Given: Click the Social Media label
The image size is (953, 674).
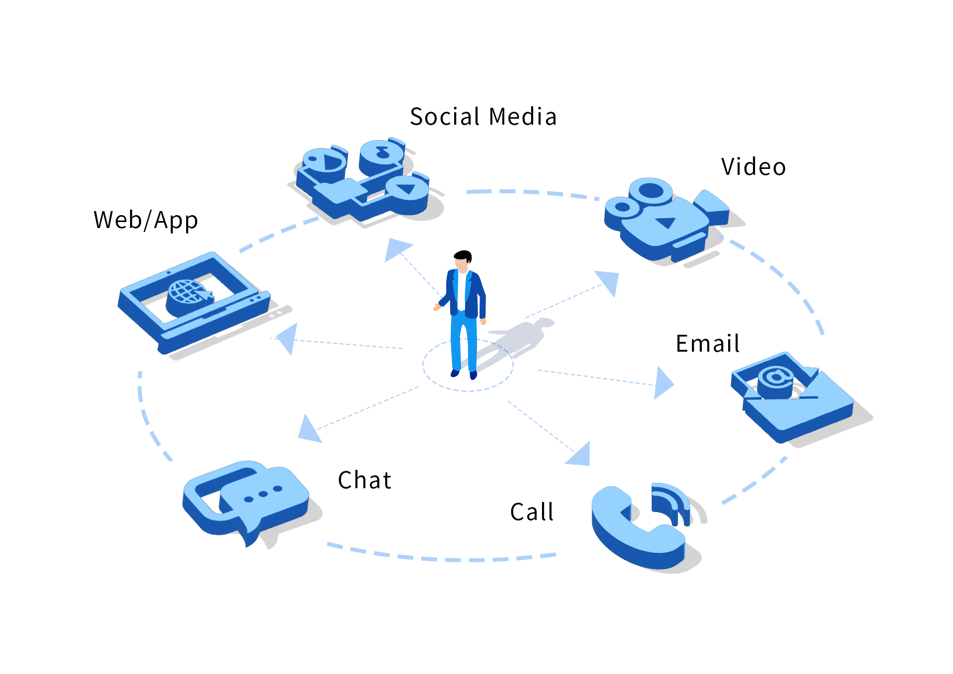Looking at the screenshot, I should click(483, 117).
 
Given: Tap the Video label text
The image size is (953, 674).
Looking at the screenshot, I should click(753, 167).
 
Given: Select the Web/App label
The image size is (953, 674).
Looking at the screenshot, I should click(145, 221).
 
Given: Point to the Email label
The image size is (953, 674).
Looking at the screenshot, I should click(707, 344).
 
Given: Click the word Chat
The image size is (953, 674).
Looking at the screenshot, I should click(364, 480).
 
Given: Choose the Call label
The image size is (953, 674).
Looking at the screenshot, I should click(532, 512).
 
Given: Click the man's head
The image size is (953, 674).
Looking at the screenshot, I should click(463, 260).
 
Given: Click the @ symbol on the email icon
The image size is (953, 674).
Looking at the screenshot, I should click(776, 377).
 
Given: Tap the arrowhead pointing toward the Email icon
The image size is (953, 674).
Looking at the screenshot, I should click(663, 383).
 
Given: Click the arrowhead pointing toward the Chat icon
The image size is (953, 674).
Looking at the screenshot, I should click(309, 430).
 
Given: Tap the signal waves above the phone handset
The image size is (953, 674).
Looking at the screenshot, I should click(672, 502).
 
